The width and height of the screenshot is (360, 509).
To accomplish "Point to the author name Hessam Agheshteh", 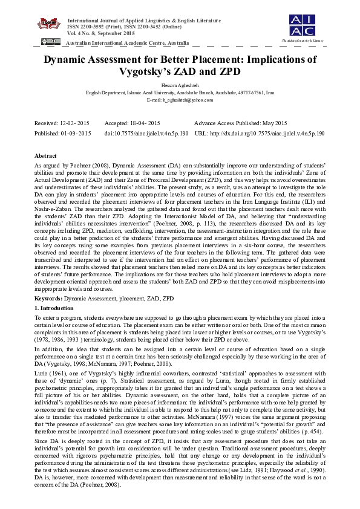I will coord(180,86).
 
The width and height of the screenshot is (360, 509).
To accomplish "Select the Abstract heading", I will coord(46,155).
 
